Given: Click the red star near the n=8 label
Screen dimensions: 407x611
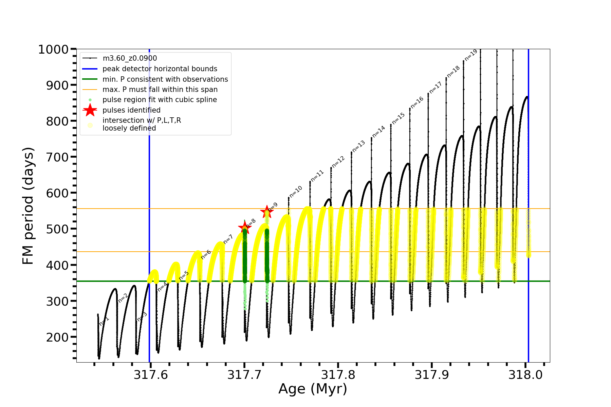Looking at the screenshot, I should pyautogui.click(x=244, y=228).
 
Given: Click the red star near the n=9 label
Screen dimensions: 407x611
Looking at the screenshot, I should pyautogui.click(x=267, y=212).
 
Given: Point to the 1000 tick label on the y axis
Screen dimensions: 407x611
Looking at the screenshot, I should pyautogui.click(x=54, y=50).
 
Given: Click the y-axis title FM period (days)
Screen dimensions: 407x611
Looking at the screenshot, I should pyautogui.click(x=28, y=206).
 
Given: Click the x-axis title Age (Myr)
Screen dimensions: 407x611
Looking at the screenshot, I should pyautogui.click(x=313, y=389).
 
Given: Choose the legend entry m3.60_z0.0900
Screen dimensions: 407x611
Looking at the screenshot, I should pyautogui.click(x=130, y=58).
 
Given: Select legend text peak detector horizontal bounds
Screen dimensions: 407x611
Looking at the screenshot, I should pyautogui.click(x=160, y=69).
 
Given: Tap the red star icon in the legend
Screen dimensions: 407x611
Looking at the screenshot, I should pyautogui.click(x=90, y=110).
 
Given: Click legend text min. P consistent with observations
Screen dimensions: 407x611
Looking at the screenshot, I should pyautogui.click(x=165, y=79).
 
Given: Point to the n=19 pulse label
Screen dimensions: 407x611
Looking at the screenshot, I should pyautogui.click(x=471, y=55).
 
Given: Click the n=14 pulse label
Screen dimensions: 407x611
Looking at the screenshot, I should pyautogui.click(x=378, y=132).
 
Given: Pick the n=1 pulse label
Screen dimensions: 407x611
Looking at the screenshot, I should pyautogui.click(x=104, y=321).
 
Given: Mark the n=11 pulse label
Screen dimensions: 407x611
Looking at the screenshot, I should pyautogui.click(x=317, y=176).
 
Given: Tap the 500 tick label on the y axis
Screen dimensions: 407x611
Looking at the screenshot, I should pyautogui.click(x=57, y=229).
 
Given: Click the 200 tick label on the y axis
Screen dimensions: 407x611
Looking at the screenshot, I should pyautogui.click(x=57, y=337).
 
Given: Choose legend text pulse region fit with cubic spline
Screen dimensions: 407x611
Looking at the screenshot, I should pyautogui.click(x=160, y=100).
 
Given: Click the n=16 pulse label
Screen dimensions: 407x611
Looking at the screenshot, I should pyautogui.click(x=417, y=102).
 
